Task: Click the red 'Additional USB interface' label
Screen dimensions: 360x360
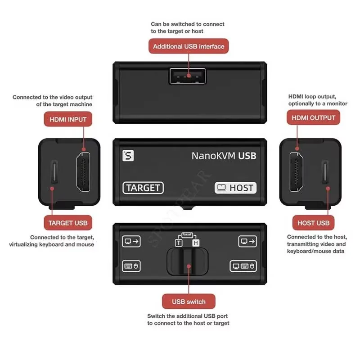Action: pos(189,46)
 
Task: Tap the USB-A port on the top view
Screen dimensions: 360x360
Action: pos(187,76)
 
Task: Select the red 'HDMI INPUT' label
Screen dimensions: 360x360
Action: pos(68,119)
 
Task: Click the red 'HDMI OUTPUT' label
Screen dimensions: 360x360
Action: pos(314,118)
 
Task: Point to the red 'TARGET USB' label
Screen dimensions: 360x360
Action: pos(68,223)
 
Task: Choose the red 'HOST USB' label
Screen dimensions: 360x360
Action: pos(313,223)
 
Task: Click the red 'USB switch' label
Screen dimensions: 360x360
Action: pos(189,301)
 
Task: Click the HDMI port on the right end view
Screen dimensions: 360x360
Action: pos(296,171)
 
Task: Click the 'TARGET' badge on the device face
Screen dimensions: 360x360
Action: pos(143,188)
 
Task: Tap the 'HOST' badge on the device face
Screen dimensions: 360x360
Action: pos(235,188)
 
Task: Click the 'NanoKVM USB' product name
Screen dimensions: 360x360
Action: pos(224,156)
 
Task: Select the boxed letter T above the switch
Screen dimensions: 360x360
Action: pos(179,243)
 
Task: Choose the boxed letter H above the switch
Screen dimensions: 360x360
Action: pos(196,243)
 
